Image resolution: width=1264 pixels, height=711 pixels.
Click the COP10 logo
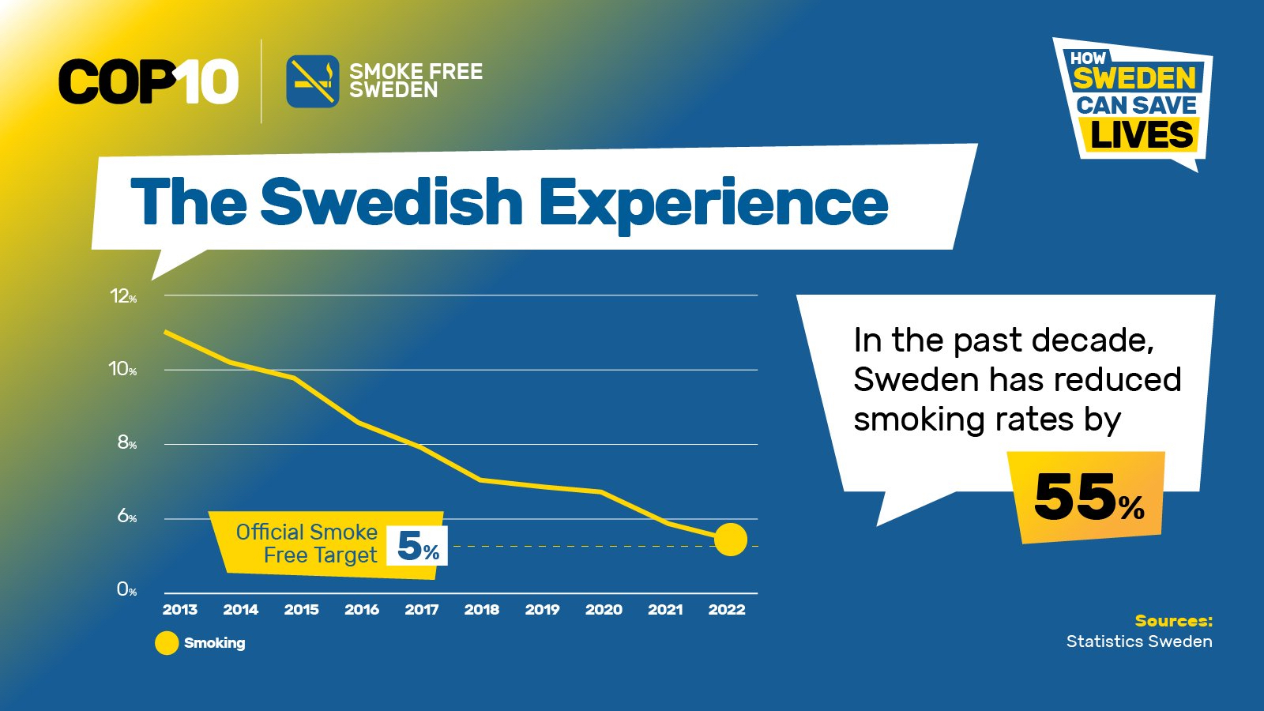point(149,82)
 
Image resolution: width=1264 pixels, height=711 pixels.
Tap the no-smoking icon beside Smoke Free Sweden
point(313,81)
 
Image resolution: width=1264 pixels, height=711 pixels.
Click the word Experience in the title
point(713,203)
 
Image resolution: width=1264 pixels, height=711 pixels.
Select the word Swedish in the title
point(391,201)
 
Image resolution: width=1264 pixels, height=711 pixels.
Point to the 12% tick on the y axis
point(123,295)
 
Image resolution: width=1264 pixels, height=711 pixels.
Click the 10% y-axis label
point(122,369)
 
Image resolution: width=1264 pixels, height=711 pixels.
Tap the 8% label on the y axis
point(127,443)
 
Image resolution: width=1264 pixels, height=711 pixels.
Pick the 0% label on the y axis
point(127,589)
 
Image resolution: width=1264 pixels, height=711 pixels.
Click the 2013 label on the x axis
point(180,609)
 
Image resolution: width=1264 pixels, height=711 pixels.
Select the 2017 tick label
point(422,609)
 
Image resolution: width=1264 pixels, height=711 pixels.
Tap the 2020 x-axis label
point(604,609)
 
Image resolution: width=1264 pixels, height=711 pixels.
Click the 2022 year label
point(727,609)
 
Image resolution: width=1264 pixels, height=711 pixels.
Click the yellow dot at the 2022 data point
point(731,540)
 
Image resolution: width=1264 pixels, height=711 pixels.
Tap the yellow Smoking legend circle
point(167,643)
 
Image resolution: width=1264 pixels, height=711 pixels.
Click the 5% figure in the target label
point(418,546)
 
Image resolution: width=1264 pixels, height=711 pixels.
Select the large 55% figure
point(1089,498)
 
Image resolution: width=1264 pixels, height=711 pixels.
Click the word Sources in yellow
point(1174,621)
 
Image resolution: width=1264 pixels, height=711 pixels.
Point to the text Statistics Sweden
point(1139,641)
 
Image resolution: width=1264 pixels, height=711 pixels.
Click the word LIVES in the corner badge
point(1142,135)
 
